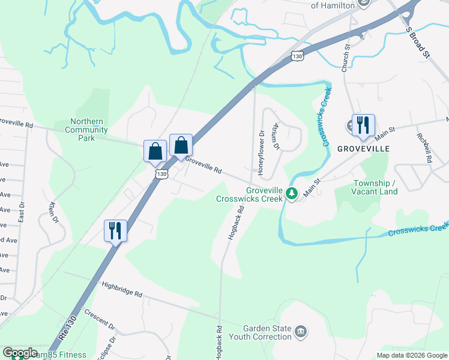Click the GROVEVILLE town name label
pos(363,148)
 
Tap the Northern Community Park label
pos(86,130)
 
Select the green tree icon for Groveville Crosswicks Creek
pos(292,193)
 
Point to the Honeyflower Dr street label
pos(261,154)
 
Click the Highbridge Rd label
pos(122,290)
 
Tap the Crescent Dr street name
pos(99,320)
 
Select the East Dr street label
pos(22,211)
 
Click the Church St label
pos(346,58)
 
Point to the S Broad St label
pos(418,42)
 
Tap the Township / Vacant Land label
pos(375,187)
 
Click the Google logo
pos(20,353)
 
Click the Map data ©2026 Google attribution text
pos(411,355)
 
